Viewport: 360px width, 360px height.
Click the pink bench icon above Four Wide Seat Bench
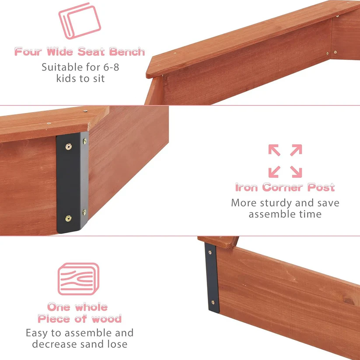tap(80, 21)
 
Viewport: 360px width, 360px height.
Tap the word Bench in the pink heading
tap(127, 52)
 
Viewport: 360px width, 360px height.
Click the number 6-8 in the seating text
tap(111, 67)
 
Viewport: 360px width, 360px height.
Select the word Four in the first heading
tap(28, 52)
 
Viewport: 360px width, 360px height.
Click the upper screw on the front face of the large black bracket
tap(68, 146)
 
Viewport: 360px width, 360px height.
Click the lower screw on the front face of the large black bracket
tap(68, 218)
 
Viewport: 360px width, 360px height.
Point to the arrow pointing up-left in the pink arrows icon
tap(274, 150)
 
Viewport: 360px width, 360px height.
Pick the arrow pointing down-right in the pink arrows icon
tap(296, 172)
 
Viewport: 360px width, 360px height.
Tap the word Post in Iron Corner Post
tap(321, 187)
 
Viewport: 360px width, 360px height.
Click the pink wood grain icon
tap(79, 279)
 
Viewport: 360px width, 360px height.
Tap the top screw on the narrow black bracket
tap(210, 252)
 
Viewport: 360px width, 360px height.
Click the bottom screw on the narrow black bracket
tap(213, 302)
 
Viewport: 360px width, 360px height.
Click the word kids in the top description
tap(66, 79)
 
